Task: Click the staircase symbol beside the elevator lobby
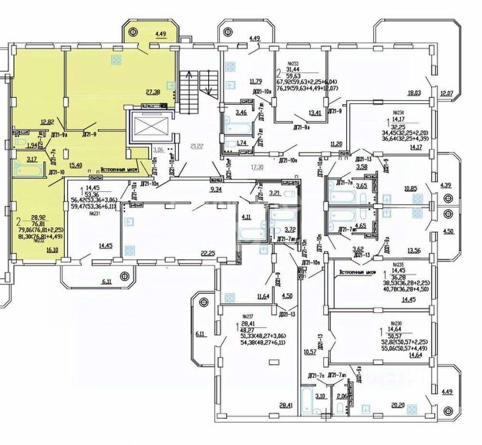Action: (x=190, y=86)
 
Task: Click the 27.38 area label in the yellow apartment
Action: (x=151, y=91)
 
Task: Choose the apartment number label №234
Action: (x=399, y=111)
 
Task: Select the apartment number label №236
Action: (x=396, y=323)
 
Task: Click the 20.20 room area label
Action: (x=399, y=404)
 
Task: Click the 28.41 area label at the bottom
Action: (x=286, y=404)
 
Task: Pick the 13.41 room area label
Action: (x=314, y=113)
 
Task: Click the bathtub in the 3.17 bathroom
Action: (x=32, y=171)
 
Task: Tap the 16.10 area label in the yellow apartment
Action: (x=52, y=251)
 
